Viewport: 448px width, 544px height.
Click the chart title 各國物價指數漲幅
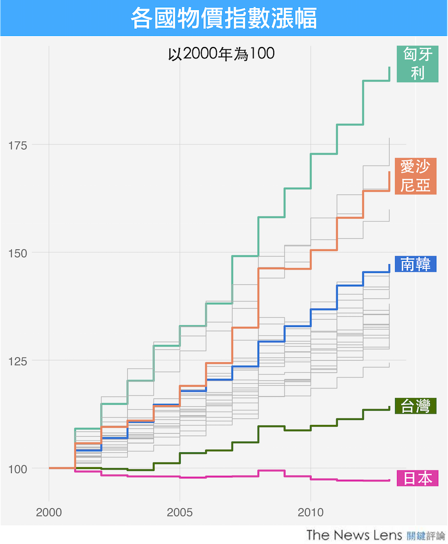[224, 18]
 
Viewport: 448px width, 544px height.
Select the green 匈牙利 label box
[417, 64]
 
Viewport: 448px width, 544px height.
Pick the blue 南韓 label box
[415, 264]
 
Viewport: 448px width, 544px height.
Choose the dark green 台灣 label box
[415, 406]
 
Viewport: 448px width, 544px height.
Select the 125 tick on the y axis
[18, 360]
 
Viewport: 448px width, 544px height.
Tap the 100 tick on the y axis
[18, 469]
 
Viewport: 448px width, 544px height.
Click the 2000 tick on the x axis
[49, 513]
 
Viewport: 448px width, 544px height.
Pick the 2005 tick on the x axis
[180, 513]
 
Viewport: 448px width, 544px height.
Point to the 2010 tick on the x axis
[310, 513]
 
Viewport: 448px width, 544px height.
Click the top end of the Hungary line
[389, 68]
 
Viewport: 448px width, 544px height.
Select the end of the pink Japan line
[389, 480]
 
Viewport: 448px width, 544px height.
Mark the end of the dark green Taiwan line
[389, 407]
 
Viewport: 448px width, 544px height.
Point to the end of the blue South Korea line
[389, 265]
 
